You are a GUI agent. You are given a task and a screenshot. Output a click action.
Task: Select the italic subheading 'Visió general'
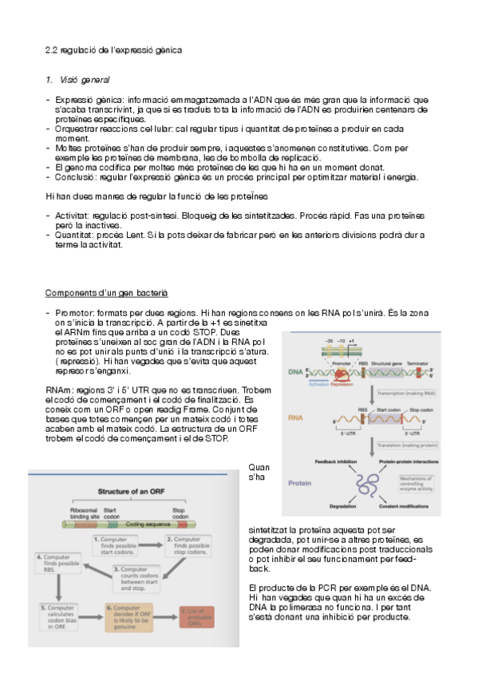[x=85, y=81]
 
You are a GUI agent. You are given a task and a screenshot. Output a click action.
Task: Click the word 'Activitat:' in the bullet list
[x=75, y=216]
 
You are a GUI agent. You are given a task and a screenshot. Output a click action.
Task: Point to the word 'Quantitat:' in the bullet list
[x=77, y=235]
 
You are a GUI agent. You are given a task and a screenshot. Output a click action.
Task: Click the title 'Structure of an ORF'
[x=135, y=492]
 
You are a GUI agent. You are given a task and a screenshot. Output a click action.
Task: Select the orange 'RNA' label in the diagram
[x=295, y=417]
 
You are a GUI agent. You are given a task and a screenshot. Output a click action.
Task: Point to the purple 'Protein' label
[x=300, y=483]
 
